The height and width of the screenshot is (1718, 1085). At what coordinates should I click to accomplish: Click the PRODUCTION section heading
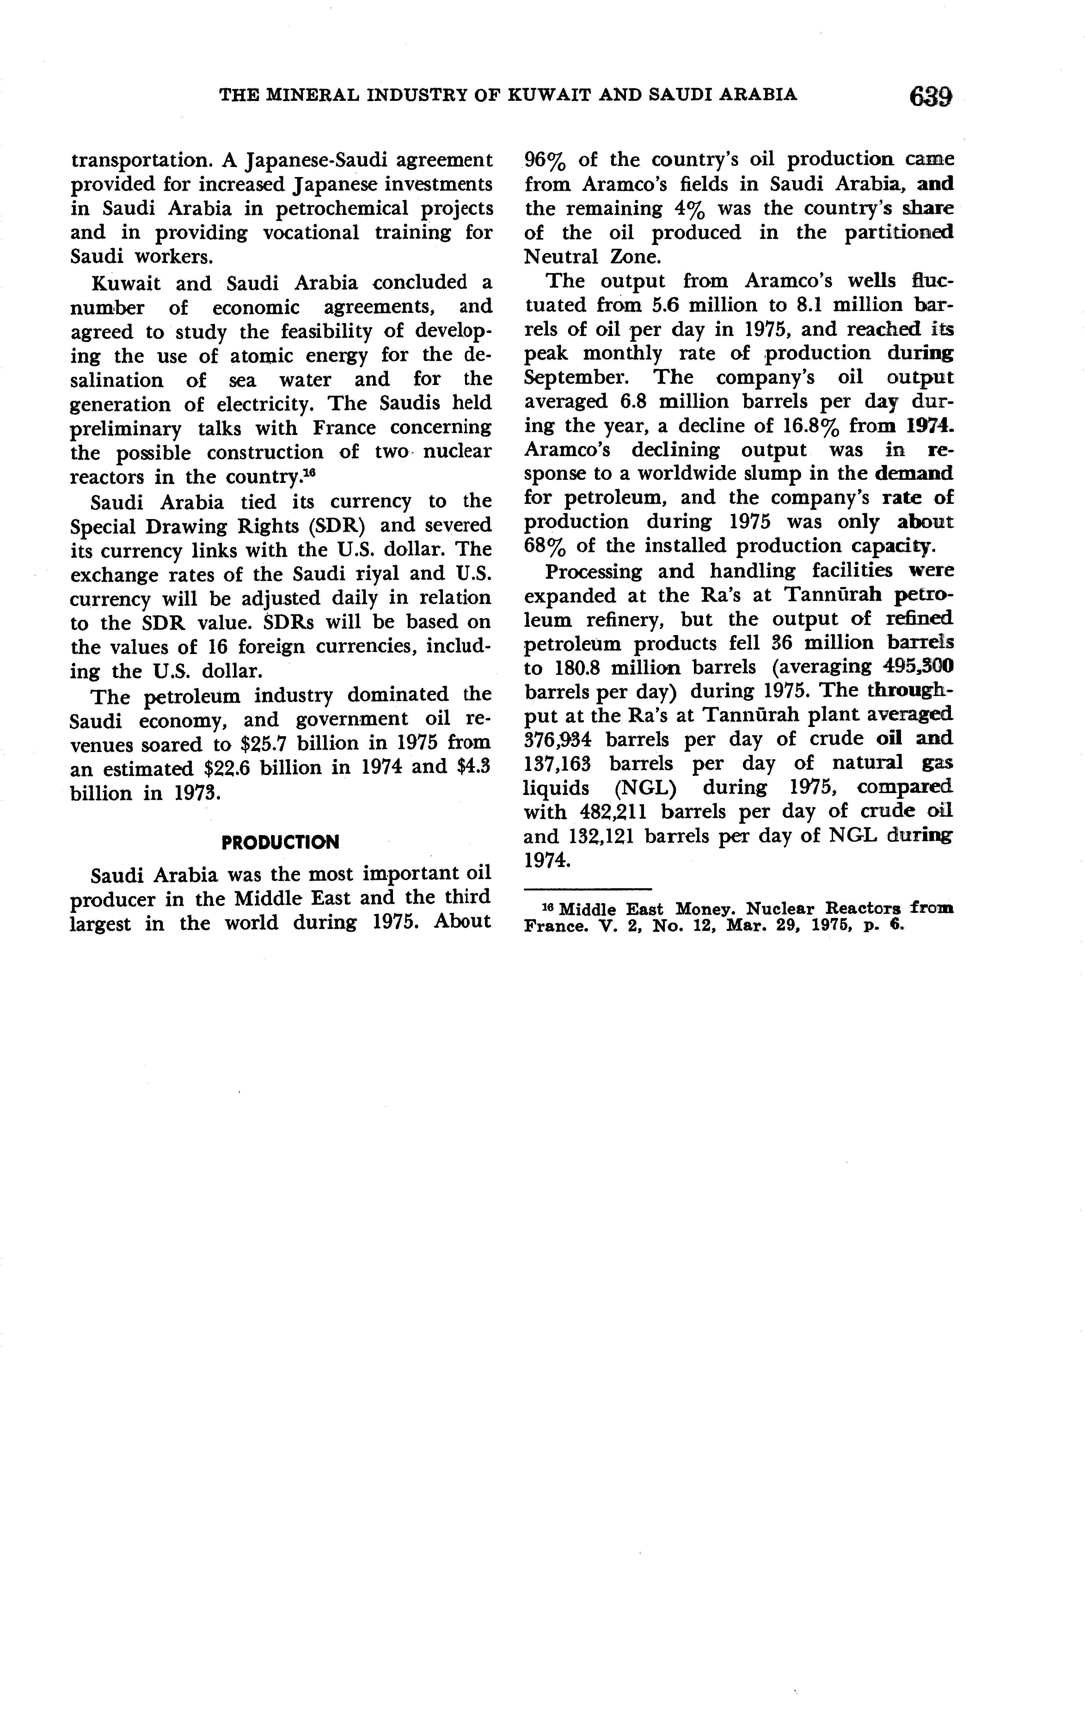coord(280,843)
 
